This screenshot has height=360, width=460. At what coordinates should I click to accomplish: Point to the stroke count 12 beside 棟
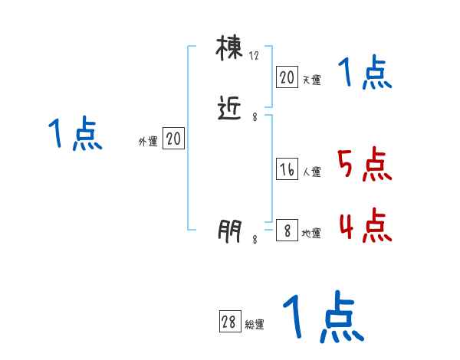(x=255, y=56)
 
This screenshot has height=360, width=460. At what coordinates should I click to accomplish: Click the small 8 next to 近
(x=255, y=117)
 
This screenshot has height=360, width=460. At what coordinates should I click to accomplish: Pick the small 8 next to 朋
(x=255, y=239)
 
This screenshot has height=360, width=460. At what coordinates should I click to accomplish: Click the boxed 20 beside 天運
(x=287, y=77)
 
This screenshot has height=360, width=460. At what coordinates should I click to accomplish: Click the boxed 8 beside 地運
(x=287, y=231)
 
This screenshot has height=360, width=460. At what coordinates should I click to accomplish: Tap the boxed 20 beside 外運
(x=173, y=139)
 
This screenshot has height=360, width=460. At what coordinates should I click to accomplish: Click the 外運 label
(x=148, y=141)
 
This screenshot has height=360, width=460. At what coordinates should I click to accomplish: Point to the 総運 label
(x=255, y=325)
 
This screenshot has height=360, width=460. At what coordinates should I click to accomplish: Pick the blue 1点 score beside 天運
(x=365, y=74)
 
